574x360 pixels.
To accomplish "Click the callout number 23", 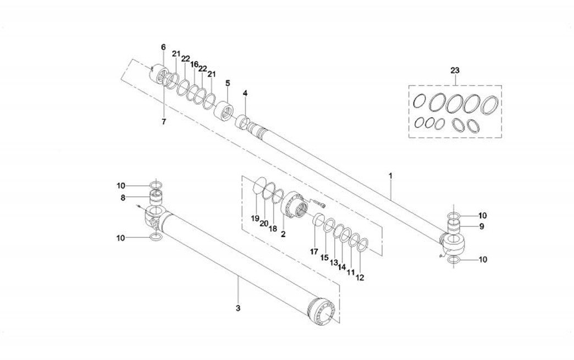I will tap(455, 70).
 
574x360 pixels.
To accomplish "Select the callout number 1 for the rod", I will tap(390, 176).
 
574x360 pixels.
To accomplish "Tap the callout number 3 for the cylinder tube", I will tap(238, 308).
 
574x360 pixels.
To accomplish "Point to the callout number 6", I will tap(163, 47).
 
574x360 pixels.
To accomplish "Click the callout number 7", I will tap(163, 121).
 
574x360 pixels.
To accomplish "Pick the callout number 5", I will tap(227, 83).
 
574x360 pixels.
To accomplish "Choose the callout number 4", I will tap(245, 93).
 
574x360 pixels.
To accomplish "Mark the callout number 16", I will tap(194, 64).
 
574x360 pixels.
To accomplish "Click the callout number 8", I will tap(123, 197).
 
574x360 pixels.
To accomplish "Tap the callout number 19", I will tap(255, 219).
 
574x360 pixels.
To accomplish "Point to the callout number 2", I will tap(283, 234).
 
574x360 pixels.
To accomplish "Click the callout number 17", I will tap(314, 252).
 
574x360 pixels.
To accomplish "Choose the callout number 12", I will tap(360, 278).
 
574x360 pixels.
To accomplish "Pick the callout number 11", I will tap(351, 273).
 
